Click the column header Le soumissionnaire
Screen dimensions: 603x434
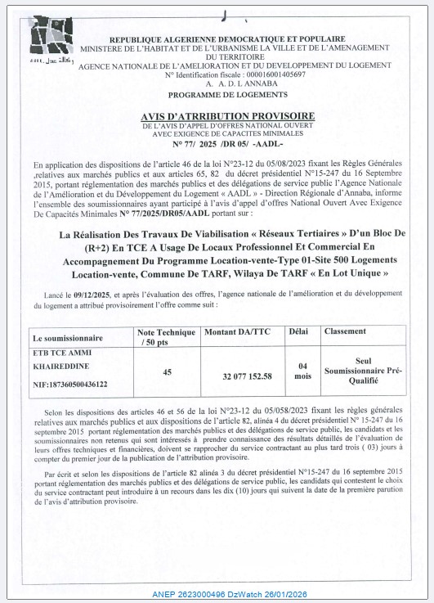[67, 337]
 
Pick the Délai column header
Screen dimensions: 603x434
[298, 331]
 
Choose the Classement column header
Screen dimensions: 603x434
[345, 331]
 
